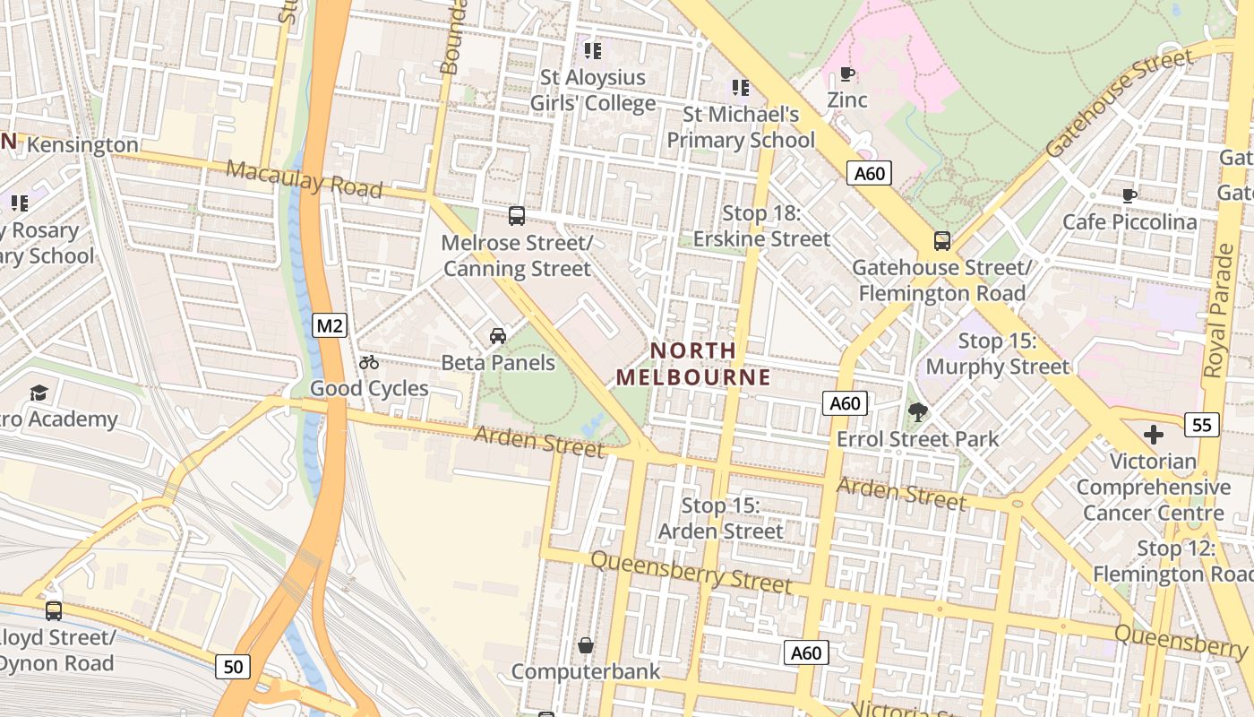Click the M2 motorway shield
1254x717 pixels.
pos(330,325)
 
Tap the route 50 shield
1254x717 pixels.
pos(233,666)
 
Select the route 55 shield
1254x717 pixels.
pos(1201,424)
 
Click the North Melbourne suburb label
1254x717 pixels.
pos(693,364)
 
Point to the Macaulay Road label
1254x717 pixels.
pos(304,179)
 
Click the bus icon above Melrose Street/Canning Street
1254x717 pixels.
pos(517,215)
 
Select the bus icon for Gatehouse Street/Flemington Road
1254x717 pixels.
pos(942,240)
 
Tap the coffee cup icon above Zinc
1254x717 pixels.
pos(846,73)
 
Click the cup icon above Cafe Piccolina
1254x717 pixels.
pos(1129,194)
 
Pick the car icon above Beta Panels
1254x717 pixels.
pos(498,335)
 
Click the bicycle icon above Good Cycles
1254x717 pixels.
pos(369,362)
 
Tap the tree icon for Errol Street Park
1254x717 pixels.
pos(917,412)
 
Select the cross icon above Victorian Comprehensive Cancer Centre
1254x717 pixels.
pos(1154,435)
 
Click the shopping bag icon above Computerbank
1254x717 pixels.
pos(586,644)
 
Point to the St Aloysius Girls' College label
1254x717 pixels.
pos(593,91)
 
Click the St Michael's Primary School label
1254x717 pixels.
pos(741,127)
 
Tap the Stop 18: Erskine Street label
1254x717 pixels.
pos(762,226)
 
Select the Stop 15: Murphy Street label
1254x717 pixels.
pos(997,354)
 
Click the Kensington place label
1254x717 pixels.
pos(82,144)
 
